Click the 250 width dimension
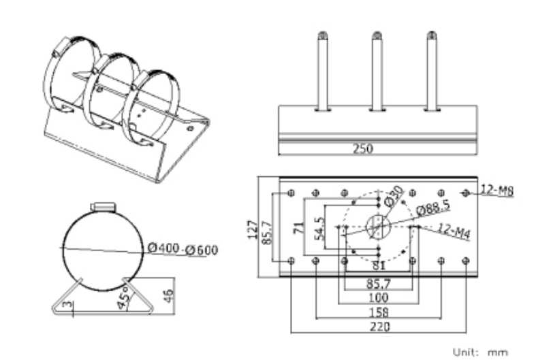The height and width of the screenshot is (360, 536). pyautogui.click(x=363, y=148)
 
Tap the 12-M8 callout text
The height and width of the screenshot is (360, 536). pyautogui.click(x=497, y=191)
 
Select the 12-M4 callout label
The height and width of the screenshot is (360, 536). pyautogui.click(x=454, y=231)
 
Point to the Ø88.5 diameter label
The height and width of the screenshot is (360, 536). pyautogui.click(x=433, y=208)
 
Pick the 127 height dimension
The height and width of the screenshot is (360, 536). pyautogui.click(x=252, y=229)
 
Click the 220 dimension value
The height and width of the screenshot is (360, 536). pyautogui.click(x=379, y=327)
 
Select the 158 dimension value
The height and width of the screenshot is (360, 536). pyautogui.click(x=379, y=312)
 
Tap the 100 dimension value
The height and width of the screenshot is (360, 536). pyautogui.click(x=379, y=297)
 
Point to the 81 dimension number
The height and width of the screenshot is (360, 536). pyautogui.click(x=379, y=265)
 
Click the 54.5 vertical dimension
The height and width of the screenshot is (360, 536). pyautogui.click(x=319, y=229)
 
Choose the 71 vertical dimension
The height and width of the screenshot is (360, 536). pyautogui.click(x=298, y=227)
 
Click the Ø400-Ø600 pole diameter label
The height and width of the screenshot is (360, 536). pyautogui.click(x=183, y=249)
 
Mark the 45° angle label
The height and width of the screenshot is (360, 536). pyautogui.click(x=123, y=297)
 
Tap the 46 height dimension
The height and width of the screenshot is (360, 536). pyautogui.click(x=168, y=296)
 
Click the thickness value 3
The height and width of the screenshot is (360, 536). pyautogui.click(x=68, y=304)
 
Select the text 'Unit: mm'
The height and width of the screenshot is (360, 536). pyautogui.click(x=481, y=352)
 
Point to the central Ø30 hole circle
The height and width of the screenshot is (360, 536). pyautogui.click(x=378, y=227)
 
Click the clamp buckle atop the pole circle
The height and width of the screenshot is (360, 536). pyautogui.click(x=103, y=207)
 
